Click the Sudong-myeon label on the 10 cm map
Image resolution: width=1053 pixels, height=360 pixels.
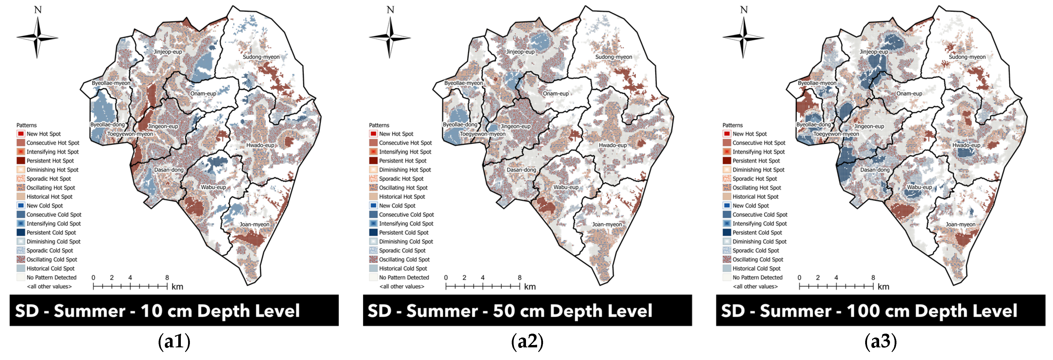(x=261, y=57)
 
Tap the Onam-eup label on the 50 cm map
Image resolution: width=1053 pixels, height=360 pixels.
(x=555, y=93)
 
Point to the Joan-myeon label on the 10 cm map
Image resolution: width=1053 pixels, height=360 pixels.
(x=254, y=224)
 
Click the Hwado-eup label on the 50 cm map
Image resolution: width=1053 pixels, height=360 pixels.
(x=612, y=145)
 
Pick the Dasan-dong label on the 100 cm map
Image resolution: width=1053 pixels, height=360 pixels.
(x=874, y=170)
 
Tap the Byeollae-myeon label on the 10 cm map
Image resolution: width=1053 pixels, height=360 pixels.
(x=111, y=83)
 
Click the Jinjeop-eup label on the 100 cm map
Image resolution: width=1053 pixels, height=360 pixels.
(x=873, y=52)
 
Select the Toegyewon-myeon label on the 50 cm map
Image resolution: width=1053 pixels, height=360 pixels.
(x=482, y=134)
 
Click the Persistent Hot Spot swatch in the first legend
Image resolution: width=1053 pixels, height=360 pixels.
(x=21, y=161)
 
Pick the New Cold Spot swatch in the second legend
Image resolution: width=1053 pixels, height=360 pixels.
(x=373, y=206)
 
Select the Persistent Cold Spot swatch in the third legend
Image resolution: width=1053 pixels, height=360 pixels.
(x=726, y=232)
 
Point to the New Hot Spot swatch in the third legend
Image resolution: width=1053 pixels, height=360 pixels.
(x=726, y=134)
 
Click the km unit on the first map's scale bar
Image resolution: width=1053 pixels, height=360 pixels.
(x=177, y=286)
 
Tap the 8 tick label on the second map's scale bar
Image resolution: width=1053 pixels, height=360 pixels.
(x=520, y=277)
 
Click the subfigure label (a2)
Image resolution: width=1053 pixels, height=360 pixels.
(x=527, y=342)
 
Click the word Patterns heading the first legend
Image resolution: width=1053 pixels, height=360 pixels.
(x=27, y=125)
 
